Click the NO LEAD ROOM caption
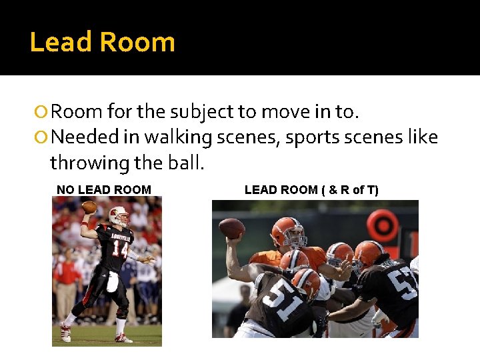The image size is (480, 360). pyautogui.click(x=104, y=190)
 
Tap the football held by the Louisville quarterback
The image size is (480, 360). pyautogui.click(x=89, y=207)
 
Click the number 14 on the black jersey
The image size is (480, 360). pyautogui.click(x=119, y=249)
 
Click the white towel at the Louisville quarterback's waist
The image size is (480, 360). pyautogui.click(x=113, y=282)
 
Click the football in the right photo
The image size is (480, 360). pyautogui.click(x=232, y=228)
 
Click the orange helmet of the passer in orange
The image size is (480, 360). pyautogui.click(x=287, y=231)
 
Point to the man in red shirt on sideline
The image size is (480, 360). pyautogui.click(x=66, y=279)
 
